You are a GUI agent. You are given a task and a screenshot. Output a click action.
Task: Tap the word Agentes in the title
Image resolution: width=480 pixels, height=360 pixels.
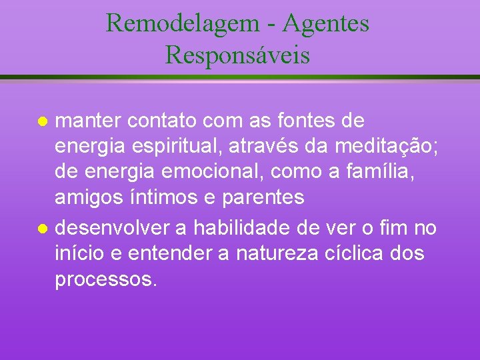(x=325, y=23)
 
